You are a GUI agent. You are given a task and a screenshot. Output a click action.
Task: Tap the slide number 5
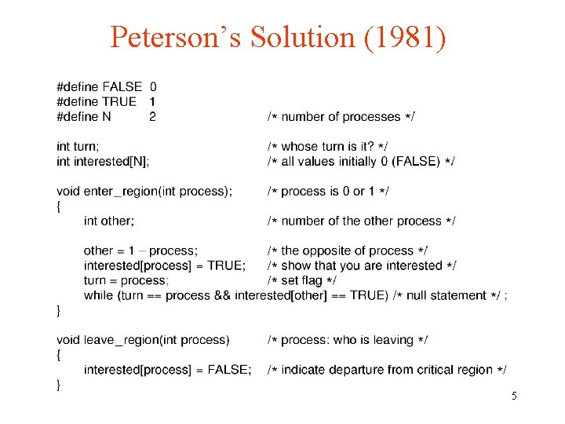click(x=514, y=397)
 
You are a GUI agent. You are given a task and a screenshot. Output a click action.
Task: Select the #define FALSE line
click(x=107, y=86)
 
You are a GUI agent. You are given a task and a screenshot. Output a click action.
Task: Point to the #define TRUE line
click(x=107, y=101)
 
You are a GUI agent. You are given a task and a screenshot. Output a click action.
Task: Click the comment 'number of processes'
click(x=341, y=117)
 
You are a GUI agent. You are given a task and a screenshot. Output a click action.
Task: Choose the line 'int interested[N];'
click(x=103, y=161)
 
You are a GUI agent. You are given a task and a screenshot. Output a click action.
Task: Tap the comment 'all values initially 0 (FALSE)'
click(x=361, y=161)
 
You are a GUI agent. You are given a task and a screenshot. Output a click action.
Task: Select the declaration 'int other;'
click(x=109, y=221)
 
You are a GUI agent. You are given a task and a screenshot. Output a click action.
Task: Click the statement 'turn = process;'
click(x=126, y=280)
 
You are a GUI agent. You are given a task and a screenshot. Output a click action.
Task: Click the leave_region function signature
click(x=143, y=340)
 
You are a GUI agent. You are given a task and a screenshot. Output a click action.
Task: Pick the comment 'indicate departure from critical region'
click(x=387, y=370)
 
